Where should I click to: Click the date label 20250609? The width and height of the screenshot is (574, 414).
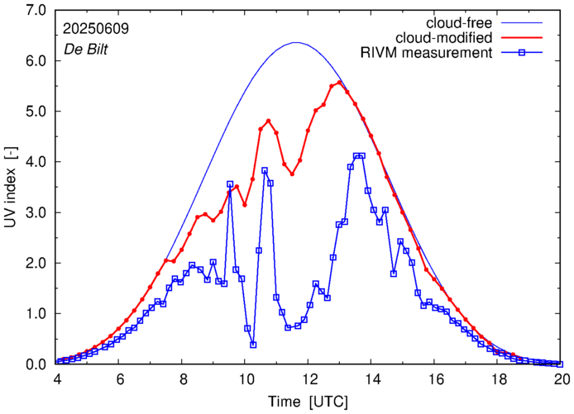(94, 28)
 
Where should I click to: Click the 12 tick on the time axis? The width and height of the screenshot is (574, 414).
(309, 379)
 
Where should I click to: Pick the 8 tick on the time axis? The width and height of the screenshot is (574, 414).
(183, 379)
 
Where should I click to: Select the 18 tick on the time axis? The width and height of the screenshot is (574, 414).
(499, 379)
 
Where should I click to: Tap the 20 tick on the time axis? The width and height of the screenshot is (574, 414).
(562, 379)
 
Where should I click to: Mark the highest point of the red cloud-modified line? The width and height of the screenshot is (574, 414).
(340, 82)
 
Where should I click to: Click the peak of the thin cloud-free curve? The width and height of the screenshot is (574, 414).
(297, 43)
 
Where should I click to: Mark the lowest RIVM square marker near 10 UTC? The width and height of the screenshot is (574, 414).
(253, 345)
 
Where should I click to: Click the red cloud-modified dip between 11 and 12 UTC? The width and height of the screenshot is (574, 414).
(292, 174)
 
